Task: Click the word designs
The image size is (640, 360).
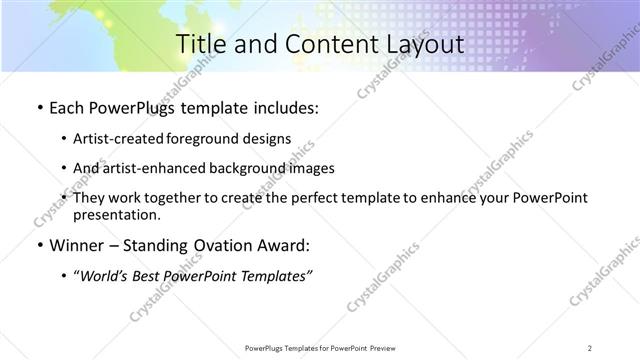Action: [x=270, y=138]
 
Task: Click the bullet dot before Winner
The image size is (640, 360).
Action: [x=38, y=245]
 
